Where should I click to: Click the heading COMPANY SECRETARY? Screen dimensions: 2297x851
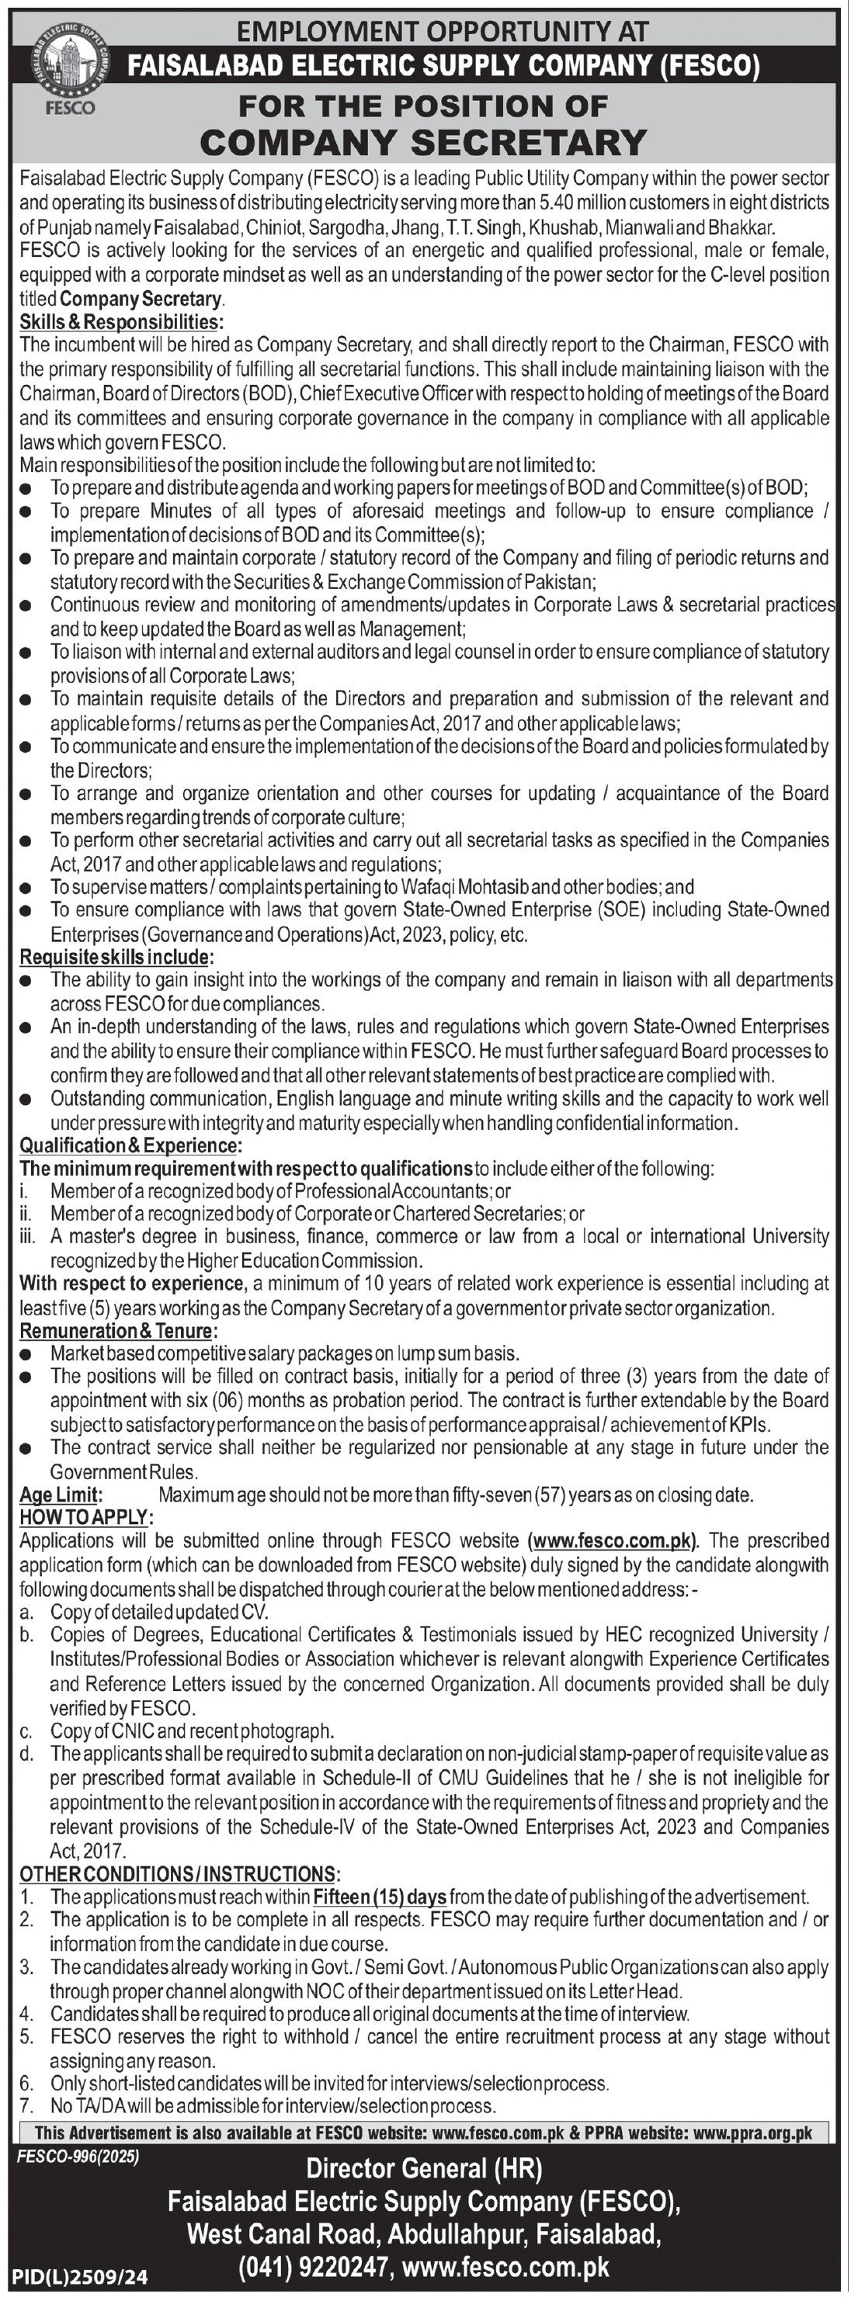point(424,143)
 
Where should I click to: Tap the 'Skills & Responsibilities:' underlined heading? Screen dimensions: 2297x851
point(121,321)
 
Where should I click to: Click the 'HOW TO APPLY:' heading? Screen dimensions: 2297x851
point(86,1517)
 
